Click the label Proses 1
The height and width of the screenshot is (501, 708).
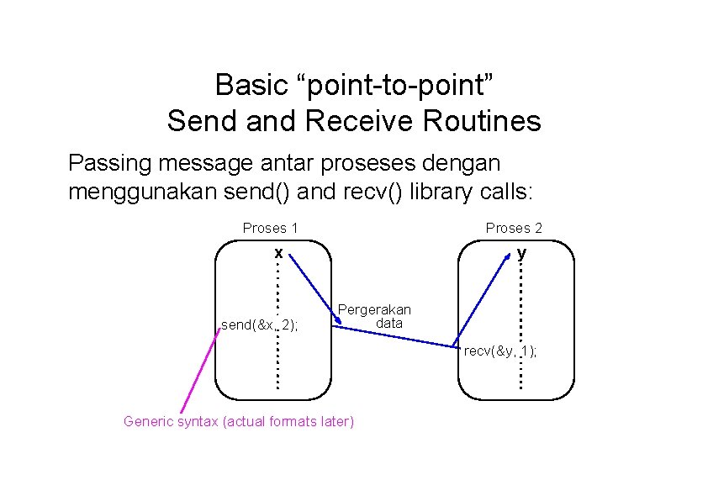tap(270, 228)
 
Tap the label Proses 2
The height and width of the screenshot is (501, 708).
tap(514, 228)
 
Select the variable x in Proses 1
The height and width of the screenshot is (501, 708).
tap(277, 252)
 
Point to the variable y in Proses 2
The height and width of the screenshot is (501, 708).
tap(522, 252)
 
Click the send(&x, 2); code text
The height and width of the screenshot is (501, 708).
tap(266, 324)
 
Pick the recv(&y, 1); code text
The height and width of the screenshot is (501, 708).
tap(500, 351)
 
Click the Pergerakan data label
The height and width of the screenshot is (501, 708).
tap(374, 316)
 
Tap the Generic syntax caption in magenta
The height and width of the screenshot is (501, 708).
tap(239, 421)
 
